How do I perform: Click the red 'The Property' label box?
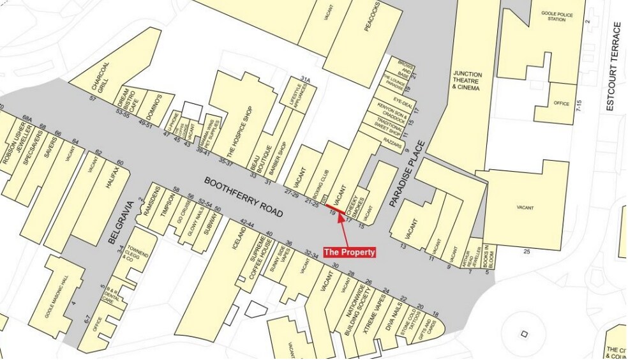350,252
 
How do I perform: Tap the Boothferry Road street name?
244,199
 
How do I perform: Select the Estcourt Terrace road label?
617,66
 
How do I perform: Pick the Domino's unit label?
156,106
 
